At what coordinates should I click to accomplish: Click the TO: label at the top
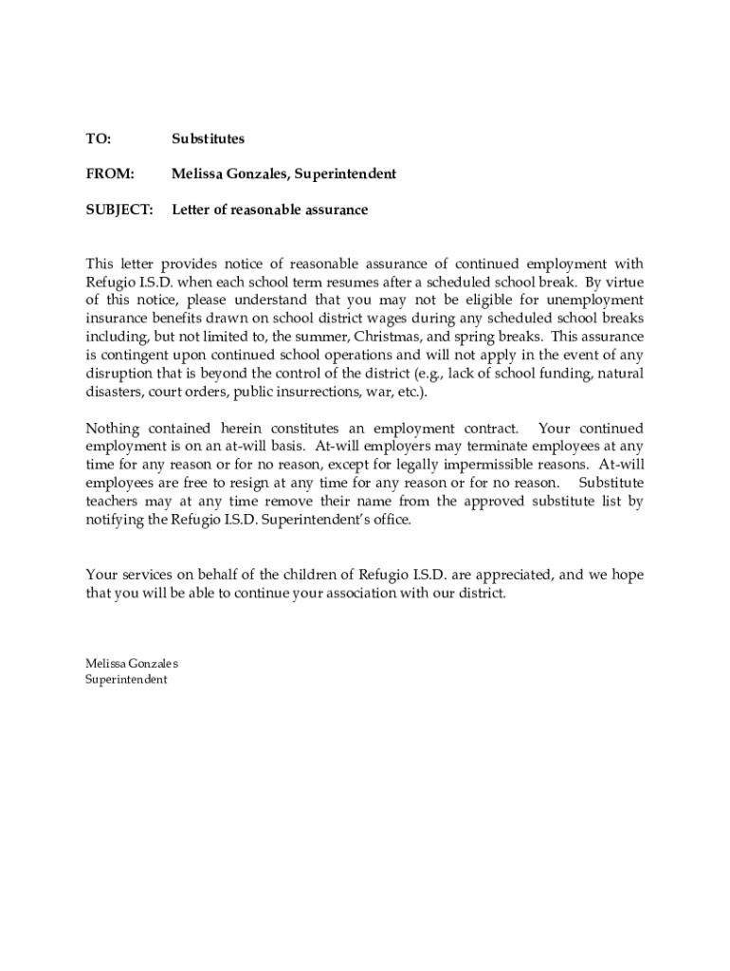[98, 139]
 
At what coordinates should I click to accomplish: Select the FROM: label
[110, 174]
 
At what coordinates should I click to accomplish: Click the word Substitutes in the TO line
[208, 139]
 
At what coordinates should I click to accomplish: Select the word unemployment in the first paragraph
[596, 301]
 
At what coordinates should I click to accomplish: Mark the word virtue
[622, 283]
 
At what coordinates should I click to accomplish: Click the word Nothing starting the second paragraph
[113, 429]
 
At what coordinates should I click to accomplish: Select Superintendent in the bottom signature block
[126, 680]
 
